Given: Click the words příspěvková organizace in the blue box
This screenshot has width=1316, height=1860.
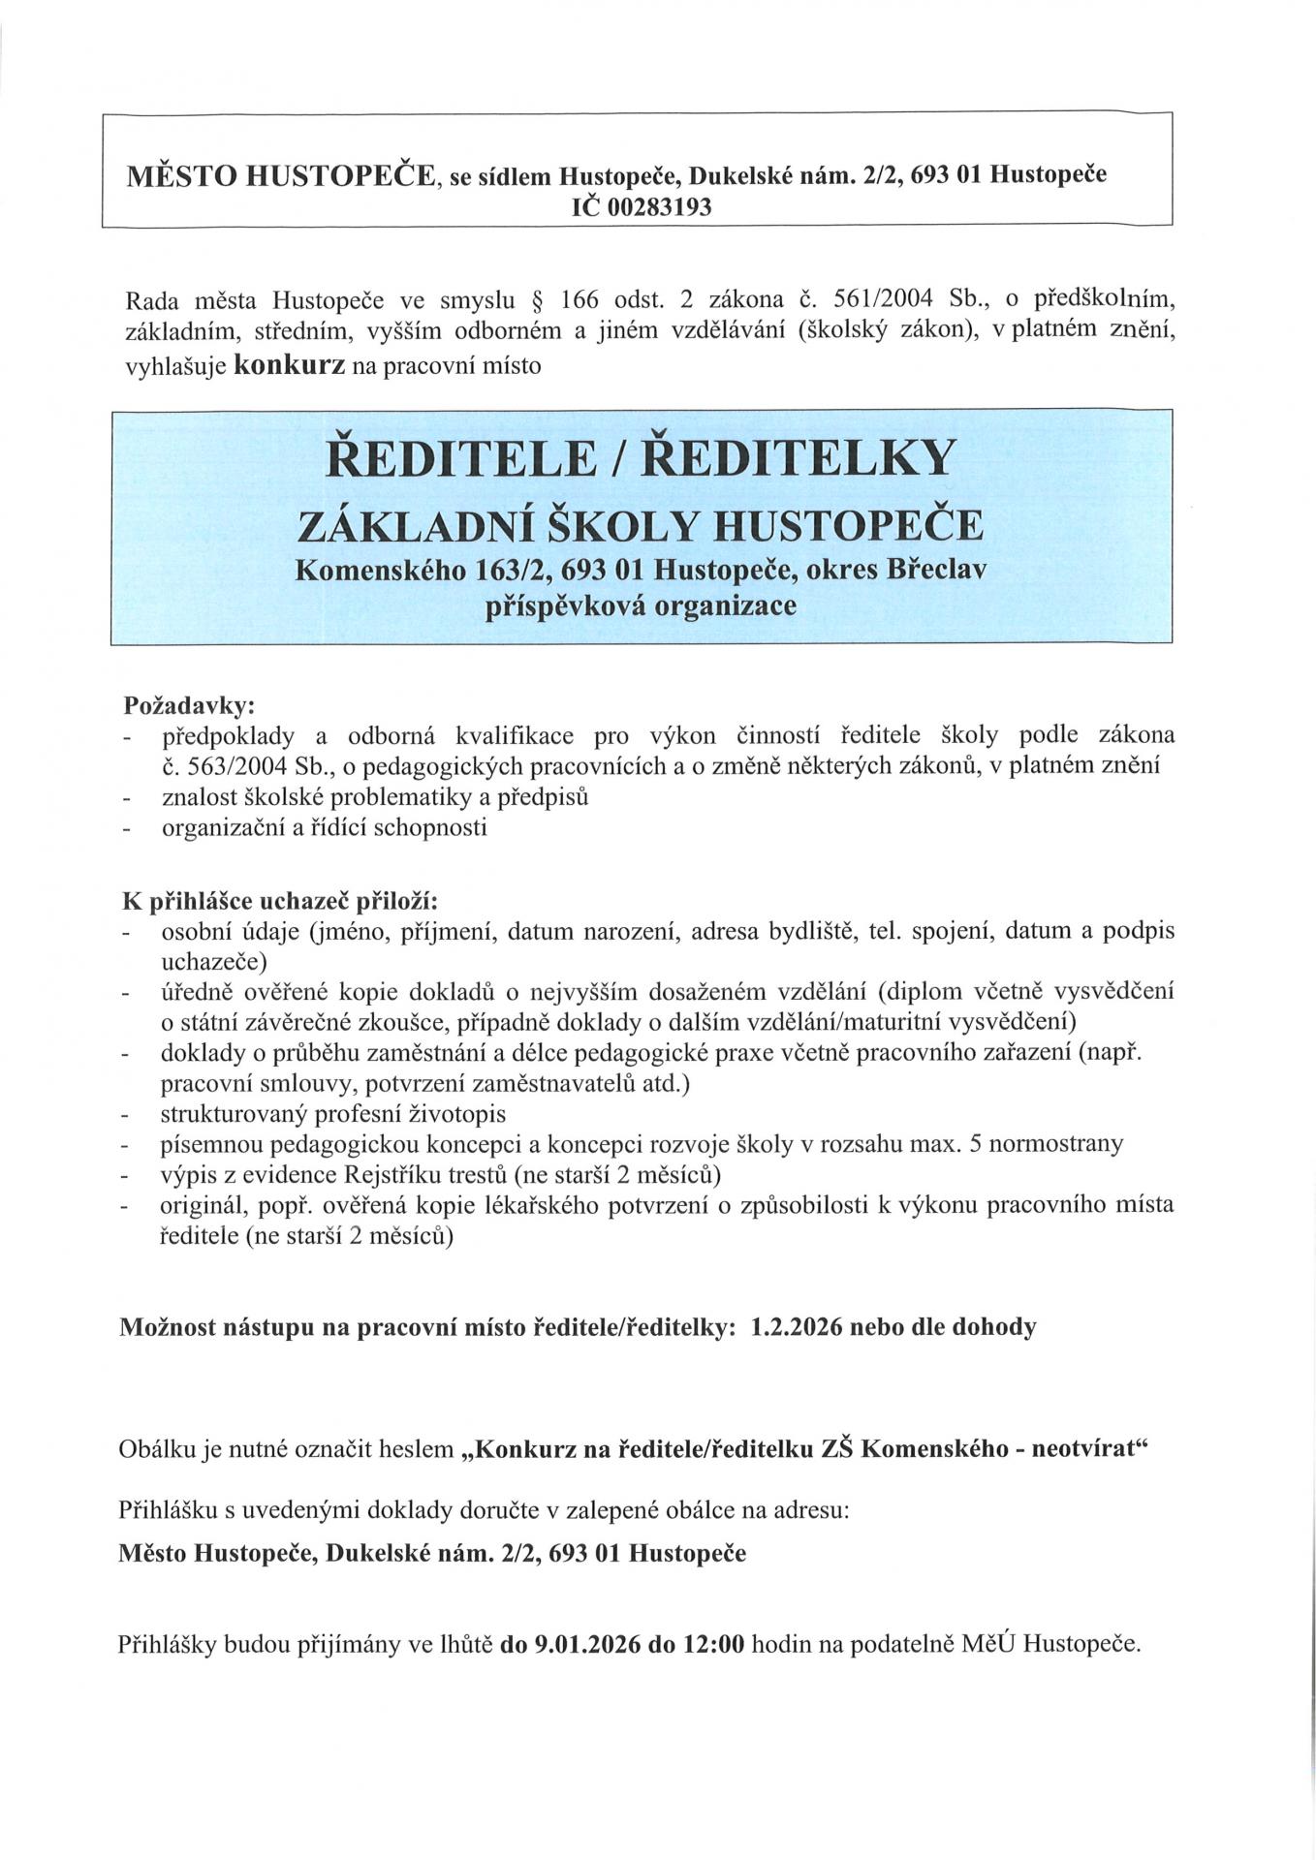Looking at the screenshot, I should [641, 607].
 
